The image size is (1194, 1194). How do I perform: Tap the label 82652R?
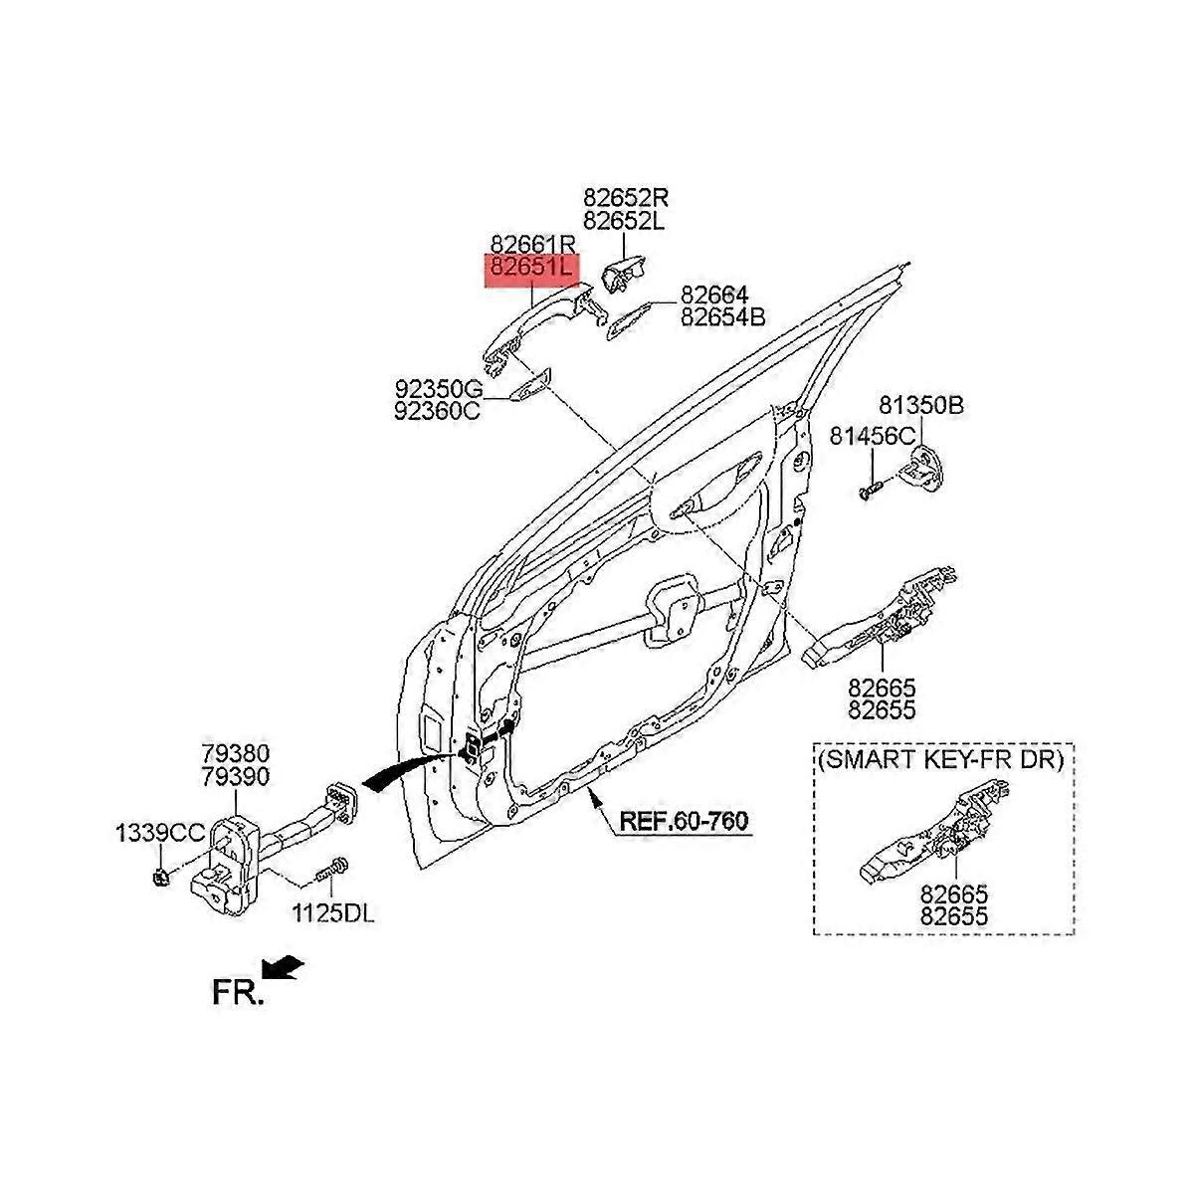pyautogui.click(x=627, y=197)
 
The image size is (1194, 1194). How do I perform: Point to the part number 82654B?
pyautogui.click(x=722, y=317)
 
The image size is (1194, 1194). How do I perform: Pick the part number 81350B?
pyautogui.click(x=920, y=406)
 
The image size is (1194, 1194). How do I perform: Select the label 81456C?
pyautogui.click(x=873, y=436)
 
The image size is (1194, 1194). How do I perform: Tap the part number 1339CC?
pyautogui.click(x=158, y=832)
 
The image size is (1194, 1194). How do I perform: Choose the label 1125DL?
pyautogui.click(x=332, y=912)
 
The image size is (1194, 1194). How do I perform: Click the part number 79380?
pyautogui.click(x=237, y=753)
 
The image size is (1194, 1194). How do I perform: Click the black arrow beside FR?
pyautogui.click(x=282, y=964)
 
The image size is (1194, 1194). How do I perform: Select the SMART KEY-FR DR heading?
pyautogui.click(x=941, y=760)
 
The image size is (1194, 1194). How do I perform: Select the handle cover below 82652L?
pyautogui.click(x=621, y=273)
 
